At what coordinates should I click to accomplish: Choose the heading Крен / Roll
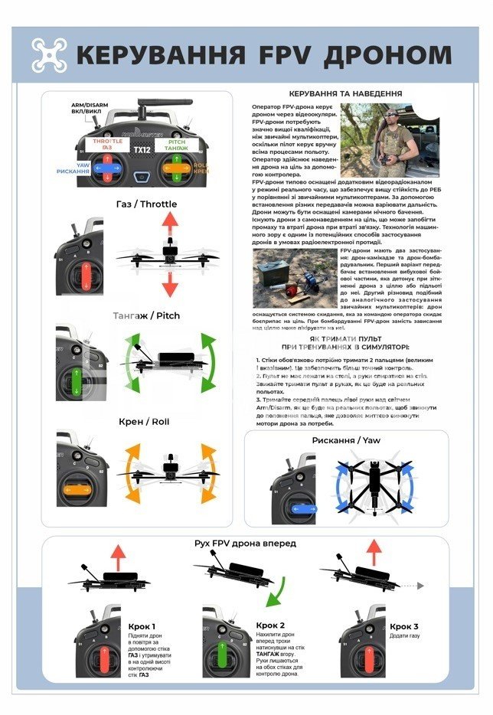coord(143,421)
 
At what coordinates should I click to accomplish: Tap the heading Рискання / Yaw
coord(345,440)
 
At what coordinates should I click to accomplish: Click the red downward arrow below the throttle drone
coord(170,285)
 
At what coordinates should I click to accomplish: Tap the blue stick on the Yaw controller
coord(304,509)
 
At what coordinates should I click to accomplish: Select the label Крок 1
coord(143,625)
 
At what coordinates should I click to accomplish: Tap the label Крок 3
coord(404,625)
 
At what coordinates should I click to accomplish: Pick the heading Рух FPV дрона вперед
coord(245,543)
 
